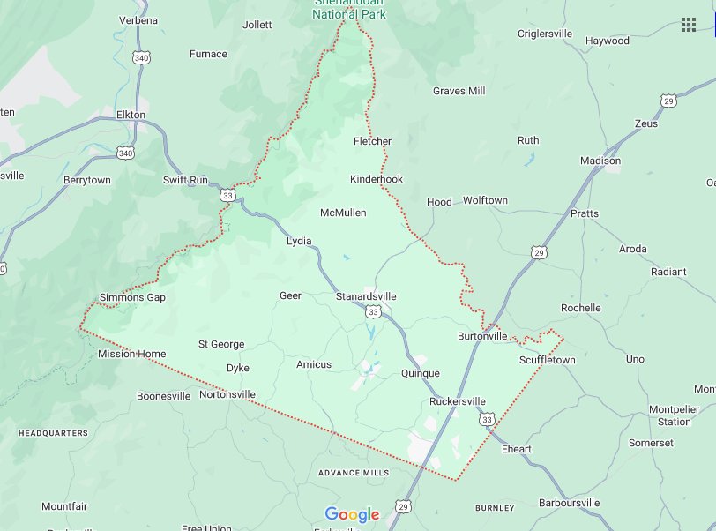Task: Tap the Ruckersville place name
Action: tap(457, 401)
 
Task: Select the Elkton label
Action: tap(131, 115)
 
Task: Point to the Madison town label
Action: tap(600, 161)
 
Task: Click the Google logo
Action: tap(352, 514)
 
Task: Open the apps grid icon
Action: tap(688, 24)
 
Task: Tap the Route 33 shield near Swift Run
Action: tap(228, 195)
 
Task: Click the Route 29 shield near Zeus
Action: tap(669, 101)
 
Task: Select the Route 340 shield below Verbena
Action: tap(140, 57)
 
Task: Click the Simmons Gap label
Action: tap(132, 297)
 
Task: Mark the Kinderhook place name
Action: tap(377, 179)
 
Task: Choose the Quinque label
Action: tap(420, 373)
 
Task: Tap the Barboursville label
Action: tap(568, 503)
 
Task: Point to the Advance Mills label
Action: tap(354, 473)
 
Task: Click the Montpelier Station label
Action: tap(674, 415)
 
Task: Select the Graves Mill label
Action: tap(459, 91)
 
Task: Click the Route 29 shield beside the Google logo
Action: tap(403, 507)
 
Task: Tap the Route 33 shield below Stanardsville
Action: tap(374, 312)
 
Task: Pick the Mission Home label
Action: tap(131, 354)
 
